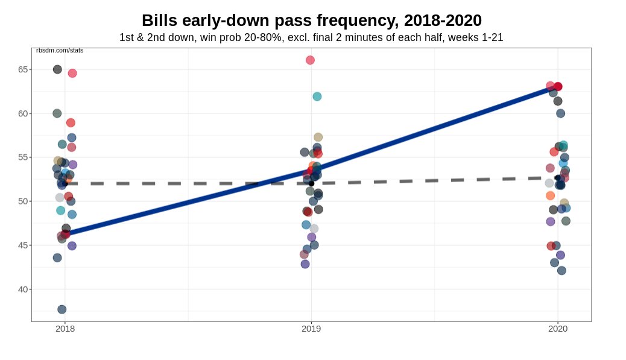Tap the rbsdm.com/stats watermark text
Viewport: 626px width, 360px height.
60,51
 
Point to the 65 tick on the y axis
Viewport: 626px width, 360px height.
23,69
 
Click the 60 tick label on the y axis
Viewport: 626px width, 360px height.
23,113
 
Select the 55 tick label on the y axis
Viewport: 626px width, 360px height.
23,157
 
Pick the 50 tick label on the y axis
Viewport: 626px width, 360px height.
23,201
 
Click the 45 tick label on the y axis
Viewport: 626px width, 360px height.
23,245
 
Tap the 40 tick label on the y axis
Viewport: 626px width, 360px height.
23,289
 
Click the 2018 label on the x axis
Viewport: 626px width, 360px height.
65,329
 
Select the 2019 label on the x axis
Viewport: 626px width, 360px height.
311,329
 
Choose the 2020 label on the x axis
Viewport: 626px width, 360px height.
557,329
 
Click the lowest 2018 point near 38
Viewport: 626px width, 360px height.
62,309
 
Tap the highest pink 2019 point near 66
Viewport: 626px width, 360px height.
310,60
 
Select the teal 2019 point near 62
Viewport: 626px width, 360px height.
317,96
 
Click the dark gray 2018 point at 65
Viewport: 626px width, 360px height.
57,69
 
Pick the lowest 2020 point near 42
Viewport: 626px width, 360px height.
561,271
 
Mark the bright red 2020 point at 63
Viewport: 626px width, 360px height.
558,87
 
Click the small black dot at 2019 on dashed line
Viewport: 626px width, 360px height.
312,183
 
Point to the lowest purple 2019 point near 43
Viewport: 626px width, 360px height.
305,264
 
